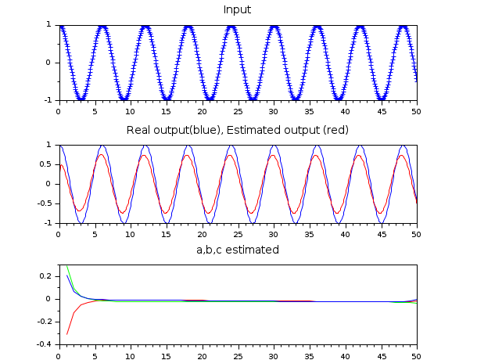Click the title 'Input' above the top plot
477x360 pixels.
[x=238, y=9]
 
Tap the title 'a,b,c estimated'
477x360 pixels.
[x=238, y=250]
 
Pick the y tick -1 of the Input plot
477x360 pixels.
[x=48, y=100]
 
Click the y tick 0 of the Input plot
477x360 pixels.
[x=50, y=63]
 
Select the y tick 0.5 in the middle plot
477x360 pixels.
[x=46, y=164]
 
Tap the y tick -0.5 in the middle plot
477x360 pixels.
[x=45, y=203]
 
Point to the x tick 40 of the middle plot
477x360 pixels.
[x=344, y=232]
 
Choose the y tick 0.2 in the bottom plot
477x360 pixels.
[x=46, y=276]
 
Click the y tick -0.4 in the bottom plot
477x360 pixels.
[x=45, y=344]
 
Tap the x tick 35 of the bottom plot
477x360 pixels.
[x=308, y=354]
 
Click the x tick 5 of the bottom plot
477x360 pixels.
[x=95, y=354]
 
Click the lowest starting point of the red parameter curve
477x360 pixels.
[x=66, y=334]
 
